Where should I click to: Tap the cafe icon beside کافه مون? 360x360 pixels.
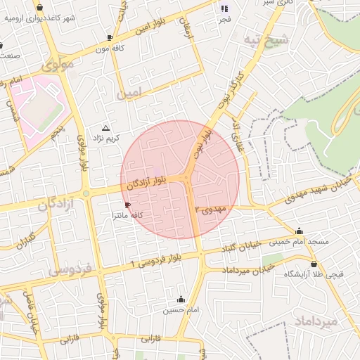[x=110, y=37]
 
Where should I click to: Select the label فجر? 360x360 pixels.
[x=225, y=19]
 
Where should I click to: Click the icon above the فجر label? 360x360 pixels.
[x=225, y=8]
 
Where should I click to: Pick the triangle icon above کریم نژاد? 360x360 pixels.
[x=105, y=128]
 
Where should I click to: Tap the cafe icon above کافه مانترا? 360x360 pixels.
[x=127, y=205]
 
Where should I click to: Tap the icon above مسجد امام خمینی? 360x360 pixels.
[x=300, y=231]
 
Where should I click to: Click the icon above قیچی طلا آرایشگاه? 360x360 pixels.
[x=314, y=264]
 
